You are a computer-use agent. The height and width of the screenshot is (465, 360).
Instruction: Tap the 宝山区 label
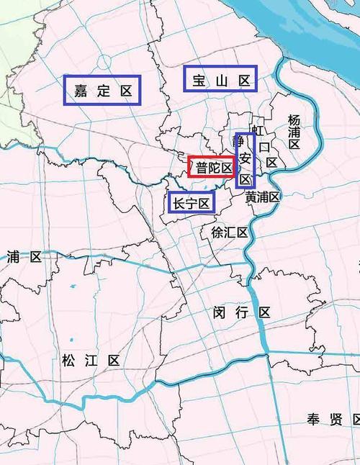220,79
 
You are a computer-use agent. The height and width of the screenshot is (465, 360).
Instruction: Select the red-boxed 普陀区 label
212,168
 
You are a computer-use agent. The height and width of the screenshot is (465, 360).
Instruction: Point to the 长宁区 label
192,204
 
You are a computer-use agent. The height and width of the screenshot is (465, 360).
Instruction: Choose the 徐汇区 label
229,232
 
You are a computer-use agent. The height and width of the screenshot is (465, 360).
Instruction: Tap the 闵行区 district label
242,312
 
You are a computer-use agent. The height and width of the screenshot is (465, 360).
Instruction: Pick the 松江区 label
91,360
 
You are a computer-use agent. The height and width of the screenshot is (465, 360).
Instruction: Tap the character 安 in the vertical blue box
246,159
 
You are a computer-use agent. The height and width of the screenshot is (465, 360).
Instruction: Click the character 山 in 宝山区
220,79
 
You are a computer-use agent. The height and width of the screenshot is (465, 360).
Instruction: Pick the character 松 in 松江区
69,360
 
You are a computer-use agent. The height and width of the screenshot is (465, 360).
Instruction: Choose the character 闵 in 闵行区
220,312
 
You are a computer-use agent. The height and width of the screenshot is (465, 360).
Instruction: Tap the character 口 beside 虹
264,147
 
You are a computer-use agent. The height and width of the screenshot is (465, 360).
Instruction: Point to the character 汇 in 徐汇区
229,232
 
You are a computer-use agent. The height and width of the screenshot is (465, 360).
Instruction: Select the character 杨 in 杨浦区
294,119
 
